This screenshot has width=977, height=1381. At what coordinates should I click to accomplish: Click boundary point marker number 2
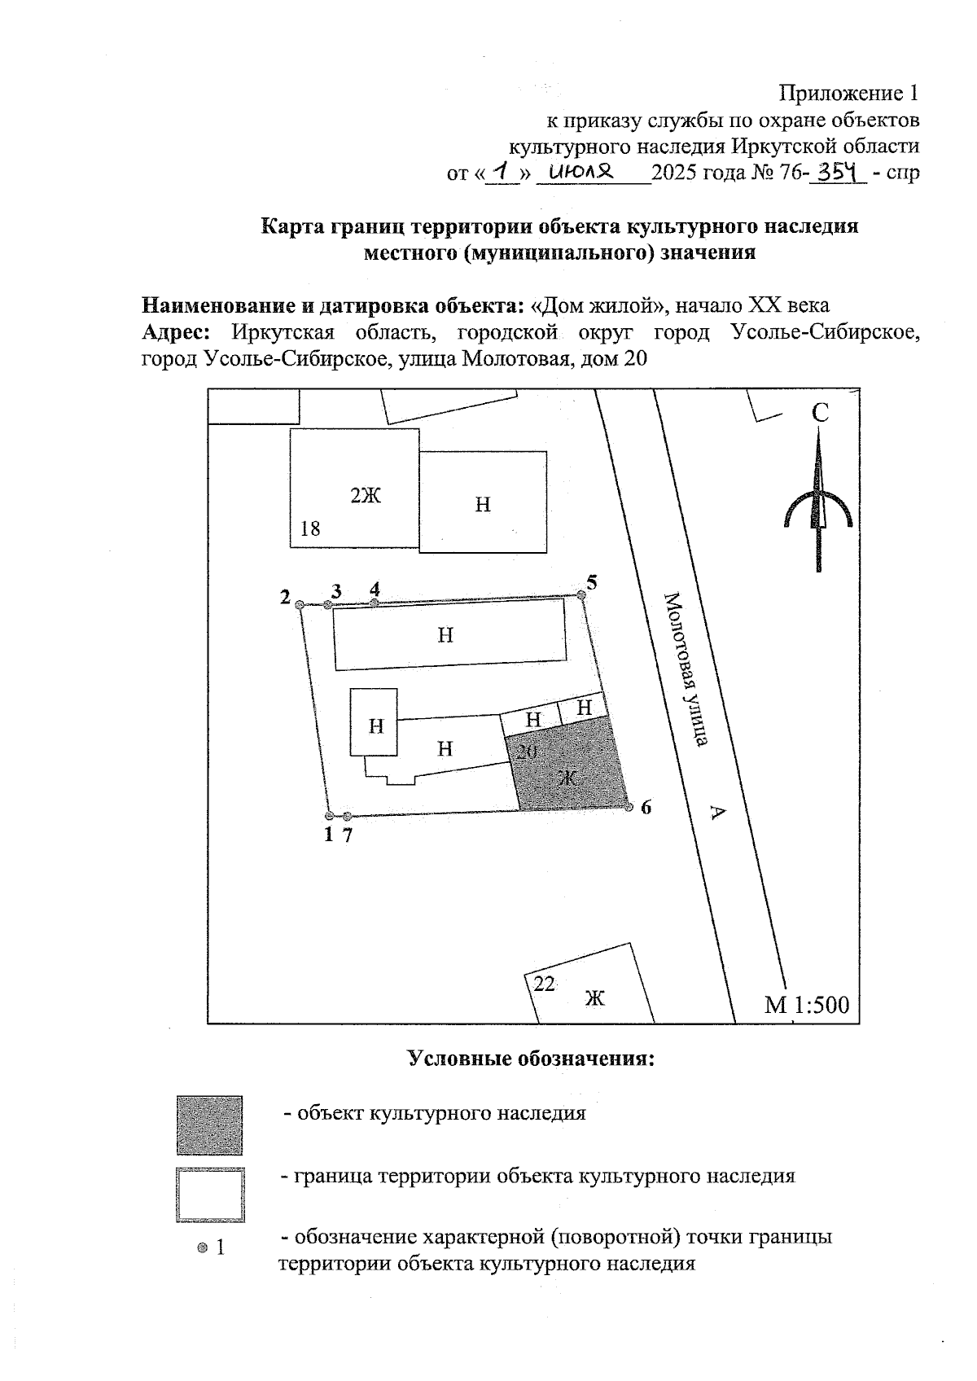[x=300, y=605]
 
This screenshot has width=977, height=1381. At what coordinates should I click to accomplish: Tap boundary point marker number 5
[x=581, y=596]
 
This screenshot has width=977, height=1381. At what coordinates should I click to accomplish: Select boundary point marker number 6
[x=629, y=807]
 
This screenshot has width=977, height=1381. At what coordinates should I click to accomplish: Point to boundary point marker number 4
[x=375, y=603]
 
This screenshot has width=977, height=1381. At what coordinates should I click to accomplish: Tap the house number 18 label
[x=310, y=528]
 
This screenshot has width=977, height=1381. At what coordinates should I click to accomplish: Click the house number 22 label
[x=545, y=984]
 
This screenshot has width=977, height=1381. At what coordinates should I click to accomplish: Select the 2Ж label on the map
[x=366, y=495]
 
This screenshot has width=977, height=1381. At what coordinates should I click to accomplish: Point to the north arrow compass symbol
[x=818, y=509]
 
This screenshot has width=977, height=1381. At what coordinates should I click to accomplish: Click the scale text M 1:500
[x=806, y=1005]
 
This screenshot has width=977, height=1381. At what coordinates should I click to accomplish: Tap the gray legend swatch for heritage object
[x=209, y=1125]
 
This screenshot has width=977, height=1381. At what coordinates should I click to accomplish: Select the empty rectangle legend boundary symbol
[x=210, y=1195]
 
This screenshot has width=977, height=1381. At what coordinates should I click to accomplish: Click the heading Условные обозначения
[x=531, y=1059]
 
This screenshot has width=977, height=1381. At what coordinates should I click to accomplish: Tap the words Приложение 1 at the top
[x=850, y=93]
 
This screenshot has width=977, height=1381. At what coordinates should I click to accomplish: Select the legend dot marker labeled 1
[x=203, y=1247]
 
